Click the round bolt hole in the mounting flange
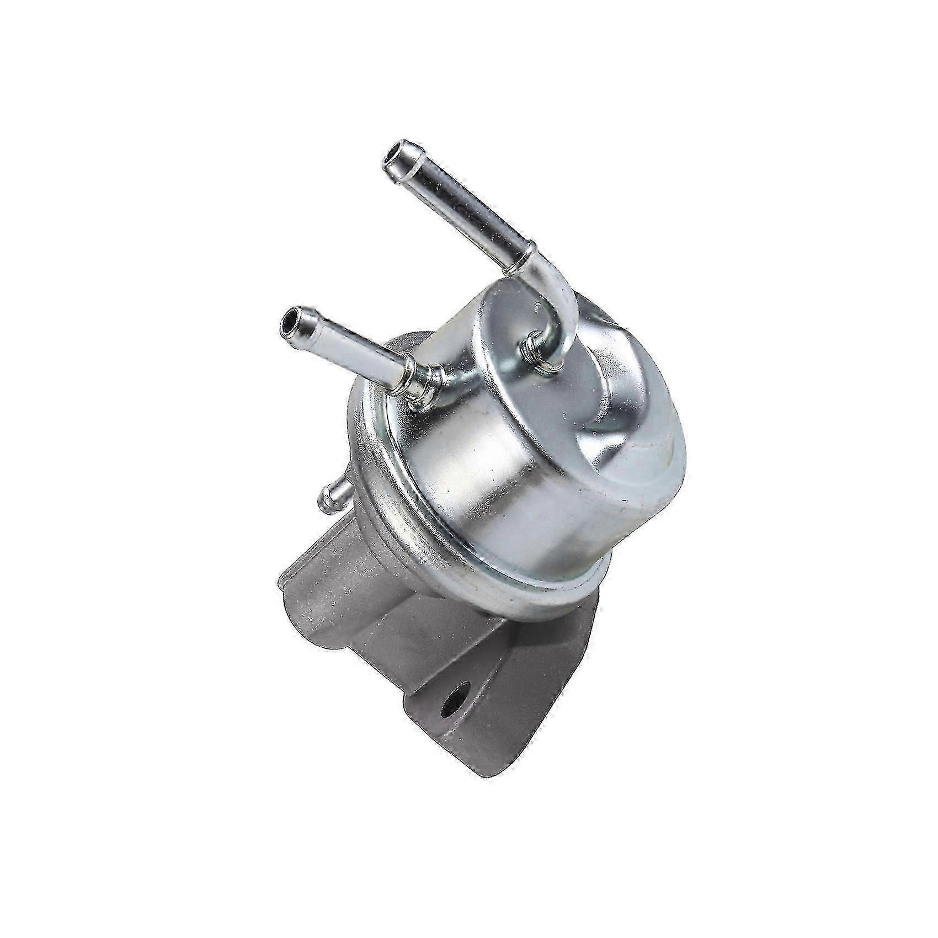[458, 703]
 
